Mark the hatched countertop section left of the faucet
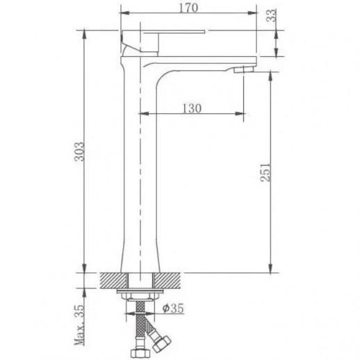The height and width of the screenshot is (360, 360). click(111, 279)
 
